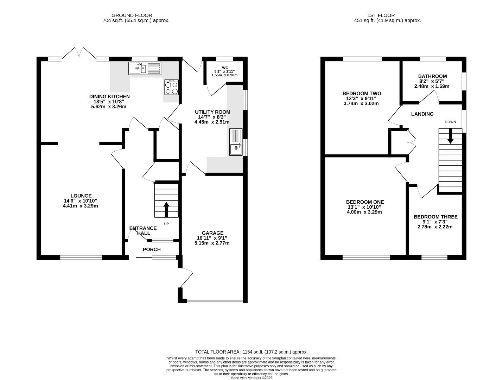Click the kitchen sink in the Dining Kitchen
(x=145, y=68)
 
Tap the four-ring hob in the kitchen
(x=171, y=87)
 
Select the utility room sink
(x=236, y=142)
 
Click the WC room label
(x=224, y=71)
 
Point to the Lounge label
(x=81, y=201)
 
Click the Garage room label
(x=212, y=238)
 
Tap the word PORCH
(x=152, y=249)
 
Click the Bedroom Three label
(x=435, y=222)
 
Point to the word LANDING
(x=422, y=114)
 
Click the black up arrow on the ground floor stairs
(x=166, y=209)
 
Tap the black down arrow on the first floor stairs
(x=450, y=136)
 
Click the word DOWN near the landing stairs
(x=450, y=122)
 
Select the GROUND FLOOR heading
(x=132, y=15)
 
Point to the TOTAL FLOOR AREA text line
(x=251, y=352)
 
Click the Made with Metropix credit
(x=251, y=378)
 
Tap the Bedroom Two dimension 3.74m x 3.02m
(x=361, y=103)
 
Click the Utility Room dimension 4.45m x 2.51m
(x=212, y=122)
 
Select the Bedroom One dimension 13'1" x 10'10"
(x=364, y=207)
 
